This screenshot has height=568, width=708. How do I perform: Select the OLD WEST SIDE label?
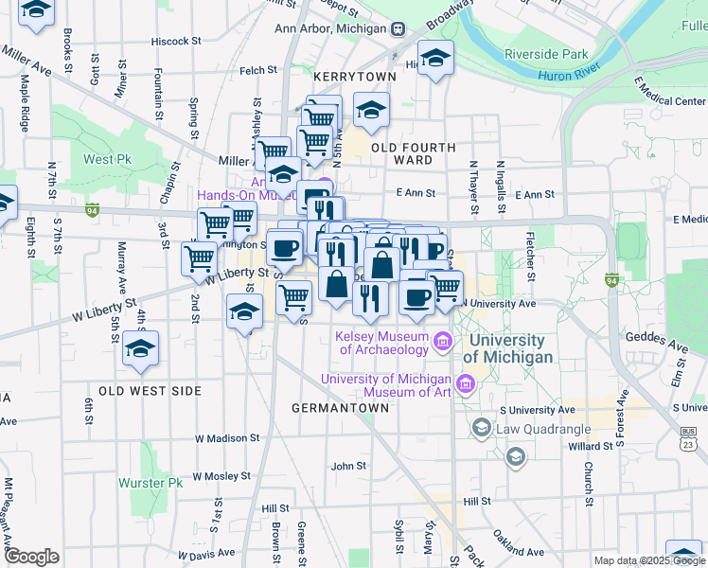click(150, 390)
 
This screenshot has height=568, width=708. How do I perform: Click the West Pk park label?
click(107, 159)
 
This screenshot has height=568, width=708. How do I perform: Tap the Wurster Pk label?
click(150, 483)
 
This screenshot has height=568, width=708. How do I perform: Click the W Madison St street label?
click(226, 438)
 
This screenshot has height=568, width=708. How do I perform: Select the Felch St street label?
click(257, 70)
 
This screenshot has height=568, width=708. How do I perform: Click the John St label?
click(348, 466)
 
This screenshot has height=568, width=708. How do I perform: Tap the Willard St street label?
click(591, 446)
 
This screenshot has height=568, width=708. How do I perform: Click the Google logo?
click(31, 557)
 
